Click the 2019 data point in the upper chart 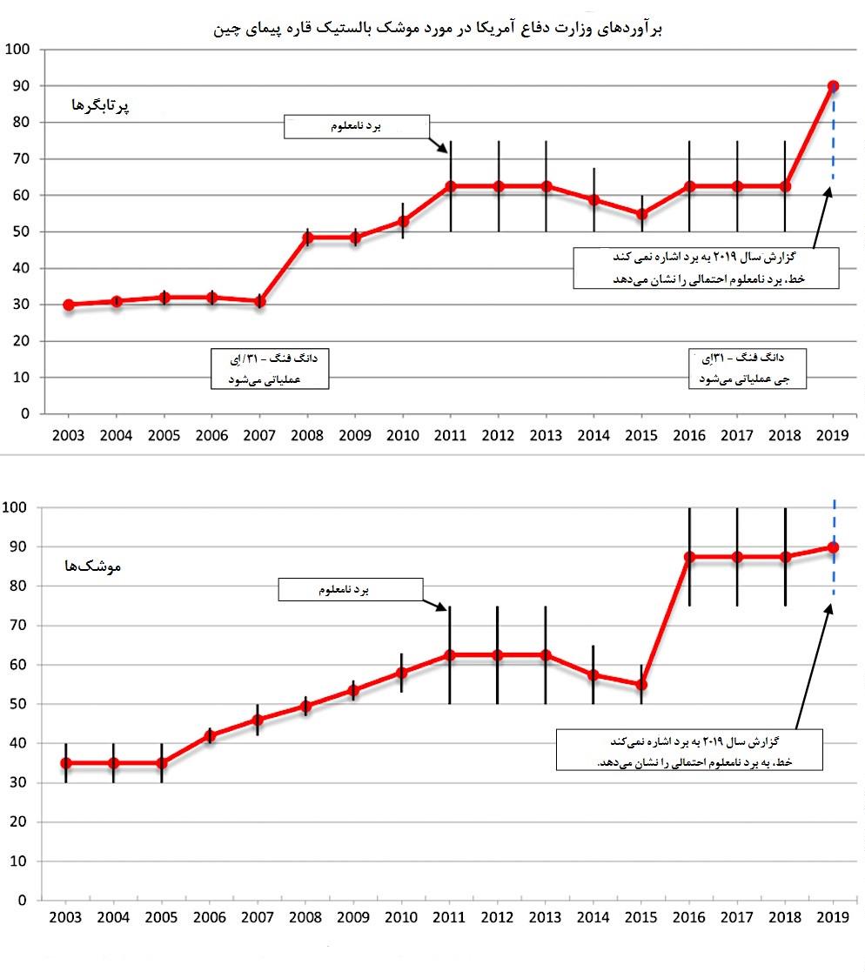coord(833,86)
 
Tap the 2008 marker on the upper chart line coord(307,237)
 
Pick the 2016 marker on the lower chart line coord(689,557)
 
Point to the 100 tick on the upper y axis coord(18,50)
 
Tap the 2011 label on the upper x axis coord(450,435)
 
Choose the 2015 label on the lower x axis coord(641,917)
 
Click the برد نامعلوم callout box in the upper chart coord(358,127)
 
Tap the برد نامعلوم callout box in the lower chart coord(350,590)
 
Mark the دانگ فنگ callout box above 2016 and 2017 coord(748,368)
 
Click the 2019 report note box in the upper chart coord(706,268)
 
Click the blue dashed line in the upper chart coord(833,139)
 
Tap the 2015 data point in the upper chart coord(641,214)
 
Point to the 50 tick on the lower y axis coord(18,703)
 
